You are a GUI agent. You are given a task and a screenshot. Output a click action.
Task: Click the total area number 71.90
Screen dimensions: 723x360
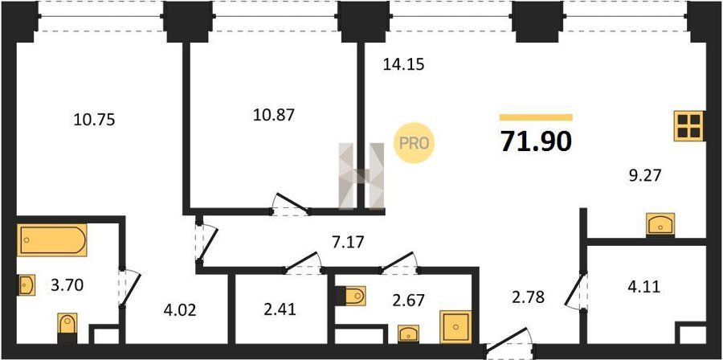tap(537, 141)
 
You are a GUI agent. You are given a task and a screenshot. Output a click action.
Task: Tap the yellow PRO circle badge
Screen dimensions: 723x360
tap(414, 143)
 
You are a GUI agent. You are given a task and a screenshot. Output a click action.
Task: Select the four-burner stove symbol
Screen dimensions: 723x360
tap(689, 126)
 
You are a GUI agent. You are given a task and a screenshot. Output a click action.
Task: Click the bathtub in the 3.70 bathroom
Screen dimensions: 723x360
tap(52, 239)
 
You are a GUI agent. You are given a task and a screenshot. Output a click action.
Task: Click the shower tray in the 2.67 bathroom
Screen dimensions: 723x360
tap(455, 327)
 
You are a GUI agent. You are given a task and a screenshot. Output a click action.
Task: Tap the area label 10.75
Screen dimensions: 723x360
tap(94, 120)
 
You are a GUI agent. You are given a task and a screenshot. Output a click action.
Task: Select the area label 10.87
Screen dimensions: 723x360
tap(273, 115)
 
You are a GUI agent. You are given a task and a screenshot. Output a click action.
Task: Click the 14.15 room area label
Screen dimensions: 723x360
tap(403, 64)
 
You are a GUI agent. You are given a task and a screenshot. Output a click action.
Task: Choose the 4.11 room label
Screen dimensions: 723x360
tap(644, 287)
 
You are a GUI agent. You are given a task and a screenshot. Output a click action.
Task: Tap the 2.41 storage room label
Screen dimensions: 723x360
tap(280, 309)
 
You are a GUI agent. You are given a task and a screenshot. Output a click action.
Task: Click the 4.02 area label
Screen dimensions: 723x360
tap(180, 309)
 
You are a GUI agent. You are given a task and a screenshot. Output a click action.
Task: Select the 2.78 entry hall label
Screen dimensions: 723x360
tap(529, 297)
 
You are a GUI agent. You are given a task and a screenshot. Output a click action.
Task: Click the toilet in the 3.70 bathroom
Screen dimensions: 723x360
tap(67, 328)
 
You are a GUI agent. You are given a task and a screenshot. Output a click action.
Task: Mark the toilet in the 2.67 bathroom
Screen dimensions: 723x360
tap(350, 296)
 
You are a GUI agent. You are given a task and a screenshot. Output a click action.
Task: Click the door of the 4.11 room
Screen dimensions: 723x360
tap(575, 290)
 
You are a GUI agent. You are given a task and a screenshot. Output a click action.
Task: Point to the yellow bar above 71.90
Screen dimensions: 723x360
tap(537, 117)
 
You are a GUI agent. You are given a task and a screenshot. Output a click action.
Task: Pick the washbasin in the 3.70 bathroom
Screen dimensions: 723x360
tap(26, 285)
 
